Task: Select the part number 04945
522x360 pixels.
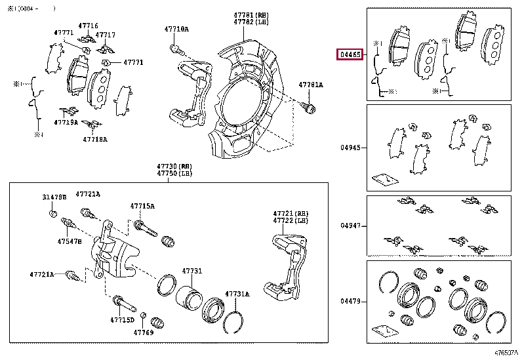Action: point(350,148)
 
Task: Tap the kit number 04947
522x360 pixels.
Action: point(350,226)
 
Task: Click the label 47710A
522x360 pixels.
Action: point(176,30)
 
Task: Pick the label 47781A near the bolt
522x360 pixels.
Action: point(311,85)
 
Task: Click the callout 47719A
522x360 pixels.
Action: point(66,122)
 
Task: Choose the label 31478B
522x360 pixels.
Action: point(54,197)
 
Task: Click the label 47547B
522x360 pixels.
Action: point(69,241)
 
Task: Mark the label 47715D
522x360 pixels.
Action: point(121,319)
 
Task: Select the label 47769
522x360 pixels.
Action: point(144,333)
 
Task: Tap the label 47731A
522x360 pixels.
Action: point(237,294)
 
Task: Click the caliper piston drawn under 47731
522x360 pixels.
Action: point(191,299)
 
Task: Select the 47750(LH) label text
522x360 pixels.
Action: point(168,174)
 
